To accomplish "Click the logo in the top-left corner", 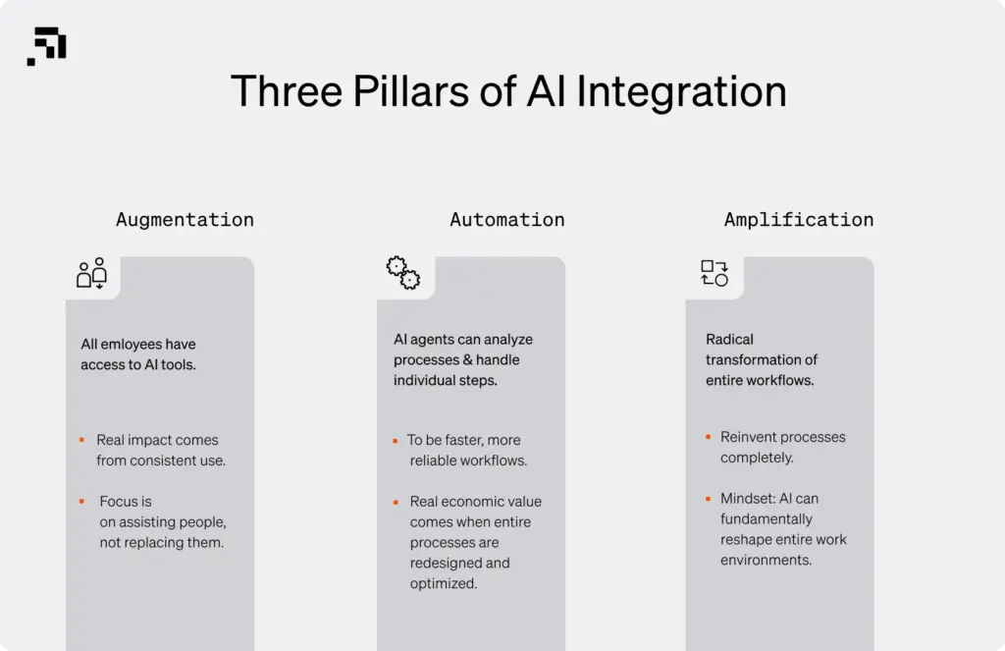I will click(x=46, y=46).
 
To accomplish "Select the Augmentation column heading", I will click(x=185, y=220).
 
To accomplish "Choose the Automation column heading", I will click(x=506, y=220).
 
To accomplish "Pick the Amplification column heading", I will click(x=798, y=220).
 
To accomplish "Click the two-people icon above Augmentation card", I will click(x=91, y=273).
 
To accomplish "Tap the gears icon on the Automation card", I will click(x=402, y=273).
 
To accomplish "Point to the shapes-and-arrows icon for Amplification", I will click(x=714, y=273).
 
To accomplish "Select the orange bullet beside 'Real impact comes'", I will click(x=82, y=440).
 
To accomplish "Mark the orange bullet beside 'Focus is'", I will click(x=82, y=501).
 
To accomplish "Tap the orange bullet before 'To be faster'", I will click(x=395, y=440).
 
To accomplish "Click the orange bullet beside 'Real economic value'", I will click(x=395, y=501).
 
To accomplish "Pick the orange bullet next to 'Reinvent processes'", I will click(x=707, y=437).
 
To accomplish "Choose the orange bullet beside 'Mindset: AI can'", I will click(x=707, y=498).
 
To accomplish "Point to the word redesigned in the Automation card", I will click(x=443, y=564).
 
